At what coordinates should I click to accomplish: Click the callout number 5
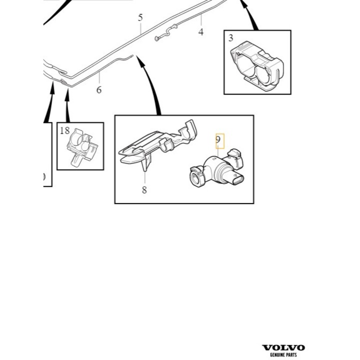coord(140,17)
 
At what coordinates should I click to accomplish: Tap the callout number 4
coord(201,32)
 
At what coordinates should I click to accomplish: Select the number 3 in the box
coord(230,38)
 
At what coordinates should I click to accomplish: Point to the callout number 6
coord(99,89)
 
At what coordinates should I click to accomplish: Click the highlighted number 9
coord(218,140)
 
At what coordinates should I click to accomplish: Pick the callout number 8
coord(144,190)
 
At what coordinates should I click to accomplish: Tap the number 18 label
coord(65,131)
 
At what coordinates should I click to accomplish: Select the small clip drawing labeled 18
coord(81,147)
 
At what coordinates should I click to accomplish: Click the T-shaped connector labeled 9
coord(217,170)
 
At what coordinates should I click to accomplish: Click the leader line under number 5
coord(141,27)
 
